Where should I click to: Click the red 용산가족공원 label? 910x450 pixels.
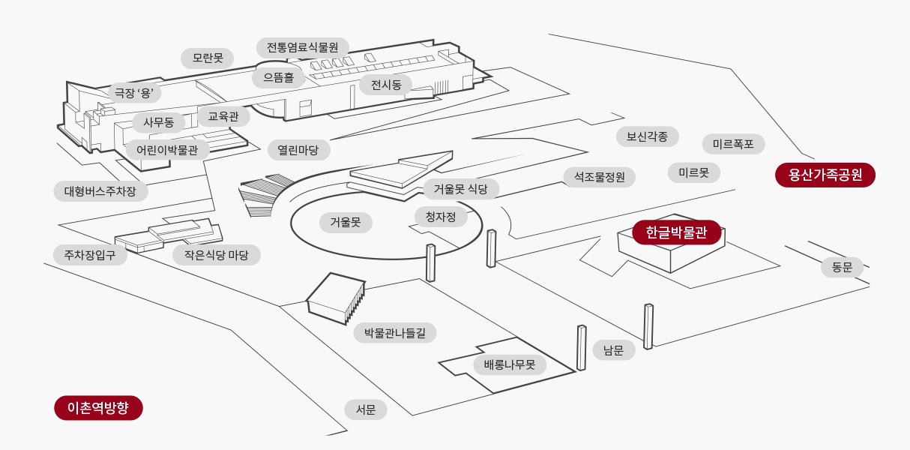click(x=825, y=175)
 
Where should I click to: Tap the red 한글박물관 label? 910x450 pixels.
click(x=676, y=232)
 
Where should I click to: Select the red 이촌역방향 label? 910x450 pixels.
click(x=98, y=408)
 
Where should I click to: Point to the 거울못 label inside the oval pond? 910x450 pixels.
click(x=346, y=222)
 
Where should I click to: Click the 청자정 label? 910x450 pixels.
click(x=441, y=217)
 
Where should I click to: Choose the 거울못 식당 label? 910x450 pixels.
click(x=461, y=189)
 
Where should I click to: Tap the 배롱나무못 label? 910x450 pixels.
click(x=510, y=365)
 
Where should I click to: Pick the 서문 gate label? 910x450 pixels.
click(x=366, y=409)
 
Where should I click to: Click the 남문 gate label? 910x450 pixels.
click(x=614, y=349)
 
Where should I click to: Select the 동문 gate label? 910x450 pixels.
click(x=842, y=267)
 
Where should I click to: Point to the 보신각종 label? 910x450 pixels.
click(x=648, y=136)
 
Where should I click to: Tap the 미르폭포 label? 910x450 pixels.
click(x=733, y=144)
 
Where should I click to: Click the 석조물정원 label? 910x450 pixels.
click(x=600, y=177)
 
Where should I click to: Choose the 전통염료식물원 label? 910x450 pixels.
click(x=302, y=48)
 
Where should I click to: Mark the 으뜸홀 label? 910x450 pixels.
click(x=278, y=76)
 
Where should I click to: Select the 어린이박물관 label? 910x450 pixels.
click(x=167, y=150)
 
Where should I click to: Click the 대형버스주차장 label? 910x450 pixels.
click(x=100, y=190)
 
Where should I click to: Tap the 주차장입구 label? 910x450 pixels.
click(x=90, y=254)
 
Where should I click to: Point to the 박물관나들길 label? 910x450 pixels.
click(x=395, y=332)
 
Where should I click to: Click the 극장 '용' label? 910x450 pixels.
click(x=136, y=93)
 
